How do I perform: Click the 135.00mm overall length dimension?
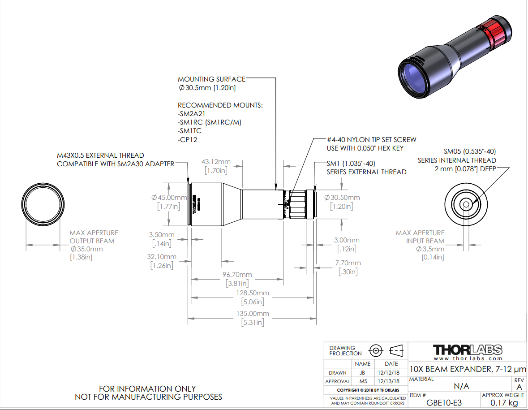pos(253,314)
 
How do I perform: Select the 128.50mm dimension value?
pos(253,293)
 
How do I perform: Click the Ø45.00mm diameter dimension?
pos(169,198)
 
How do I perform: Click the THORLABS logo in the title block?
pos(468,350)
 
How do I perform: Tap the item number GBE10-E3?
pos(444,402)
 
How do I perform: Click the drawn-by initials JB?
pos(362,372)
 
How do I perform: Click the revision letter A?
pos(519,387)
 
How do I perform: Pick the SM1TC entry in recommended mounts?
pos(190,131)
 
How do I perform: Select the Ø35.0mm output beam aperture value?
pos(87,249)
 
